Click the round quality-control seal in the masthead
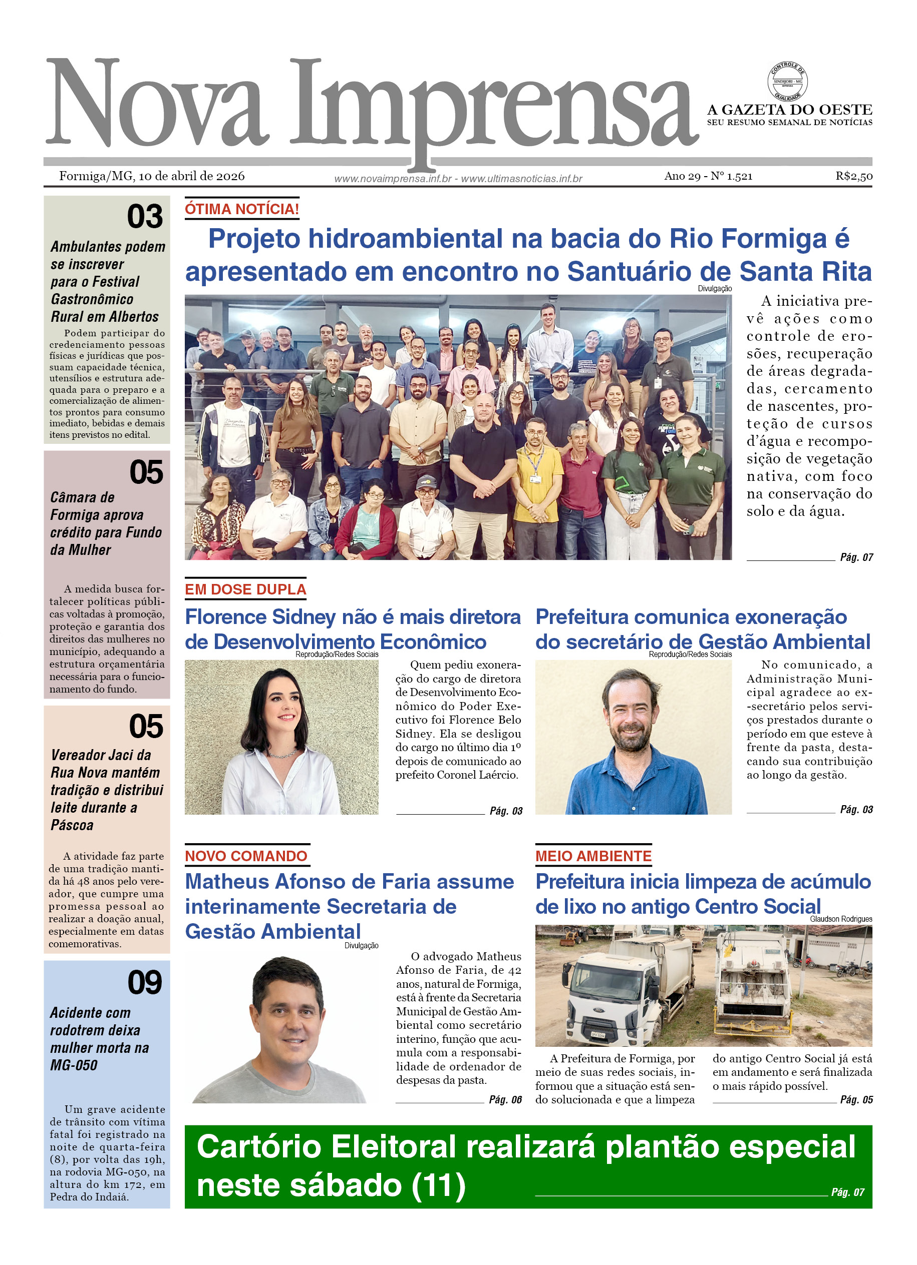click(787, 82)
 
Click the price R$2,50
click(853, 176)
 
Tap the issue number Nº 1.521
click(731, 176)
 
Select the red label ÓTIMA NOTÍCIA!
click(242, 209)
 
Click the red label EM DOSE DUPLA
click(245, 589)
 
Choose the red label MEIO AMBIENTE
click(593, 856)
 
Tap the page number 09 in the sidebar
click(145, 982)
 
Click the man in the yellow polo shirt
click(536, 468)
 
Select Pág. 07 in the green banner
click(847, 1192)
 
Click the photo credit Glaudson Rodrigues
click(840, 919)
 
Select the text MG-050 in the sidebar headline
click(74, 1065)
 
